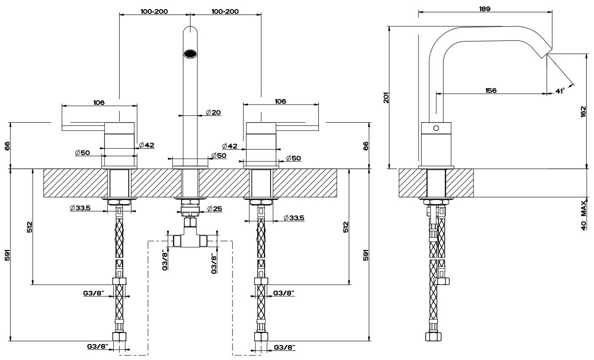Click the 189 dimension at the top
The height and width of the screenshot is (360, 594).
484,9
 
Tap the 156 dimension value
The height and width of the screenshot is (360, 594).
490,90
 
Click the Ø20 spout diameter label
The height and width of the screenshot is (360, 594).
213,112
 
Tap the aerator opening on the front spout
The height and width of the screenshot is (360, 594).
190,54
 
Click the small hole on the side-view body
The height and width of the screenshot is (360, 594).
436,128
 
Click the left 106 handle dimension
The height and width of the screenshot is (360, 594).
99,102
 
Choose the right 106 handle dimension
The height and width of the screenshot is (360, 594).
281,102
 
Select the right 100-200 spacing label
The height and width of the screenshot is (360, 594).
225,11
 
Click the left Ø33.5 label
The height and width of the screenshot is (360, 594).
81,208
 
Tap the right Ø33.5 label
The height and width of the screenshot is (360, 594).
293,218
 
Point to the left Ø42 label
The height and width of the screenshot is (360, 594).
147,145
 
